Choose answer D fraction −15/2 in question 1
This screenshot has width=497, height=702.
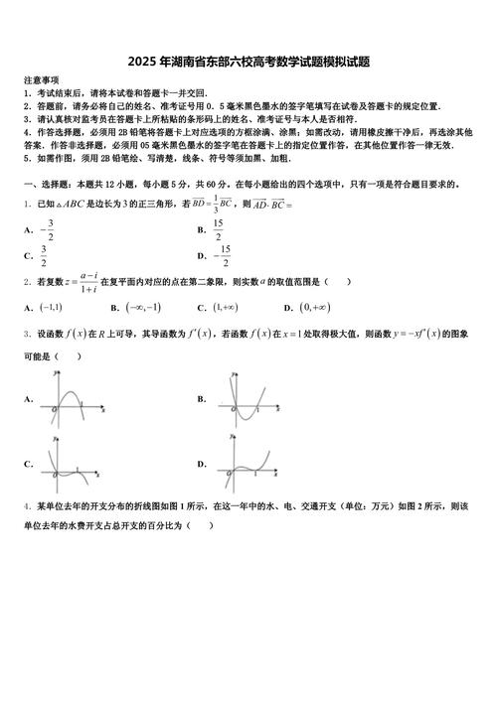click(224, 256)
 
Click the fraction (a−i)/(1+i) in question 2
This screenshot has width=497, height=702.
click(88, 282)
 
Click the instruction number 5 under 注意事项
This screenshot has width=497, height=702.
click(26, 158)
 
